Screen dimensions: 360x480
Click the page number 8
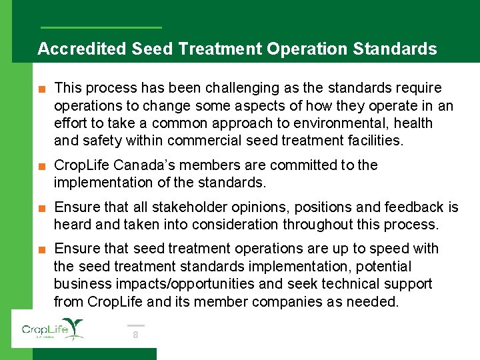click(x=135, y=335)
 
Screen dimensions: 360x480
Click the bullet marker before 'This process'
click(x=42, y=89)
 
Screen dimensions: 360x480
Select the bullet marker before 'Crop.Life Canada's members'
click(x=42, y=165)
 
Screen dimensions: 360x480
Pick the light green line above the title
click(x=101, y=27)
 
